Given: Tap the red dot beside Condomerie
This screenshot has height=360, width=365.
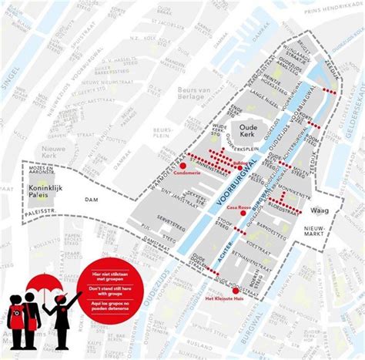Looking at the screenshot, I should pos(183,165).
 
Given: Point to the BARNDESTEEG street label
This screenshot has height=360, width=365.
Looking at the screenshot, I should pos(271,224).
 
